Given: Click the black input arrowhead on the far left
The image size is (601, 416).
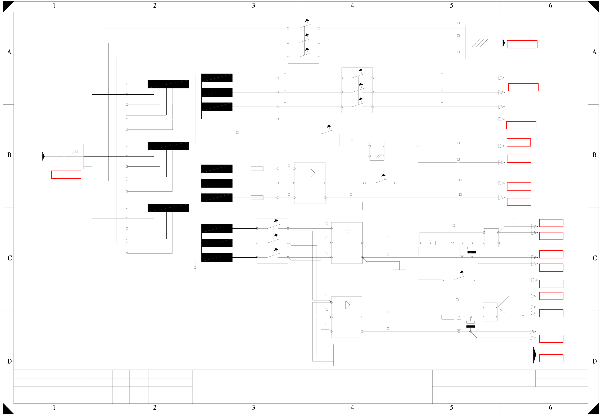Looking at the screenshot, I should coord(44,156).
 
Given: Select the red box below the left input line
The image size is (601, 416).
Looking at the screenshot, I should coord(66,175).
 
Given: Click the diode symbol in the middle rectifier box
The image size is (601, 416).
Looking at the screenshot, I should coord(313,172).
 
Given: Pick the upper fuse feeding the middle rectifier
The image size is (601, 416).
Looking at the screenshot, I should coord(257,169).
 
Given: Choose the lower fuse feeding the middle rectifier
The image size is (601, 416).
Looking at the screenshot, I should coord(257,198).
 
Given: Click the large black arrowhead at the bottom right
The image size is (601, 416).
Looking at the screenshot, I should coord(534,355).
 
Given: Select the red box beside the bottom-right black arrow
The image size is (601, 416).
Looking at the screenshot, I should coord(551,358).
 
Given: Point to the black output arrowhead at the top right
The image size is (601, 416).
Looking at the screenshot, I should coord(504,43).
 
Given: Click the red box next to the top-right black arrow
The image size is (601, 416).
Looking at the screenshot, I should coord(522,44).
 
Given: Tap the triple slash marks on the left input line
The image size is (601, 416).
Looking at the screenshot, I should coord(65,156).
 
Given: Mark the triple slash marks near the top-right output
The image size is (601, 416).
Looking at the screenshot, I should coord(480,43).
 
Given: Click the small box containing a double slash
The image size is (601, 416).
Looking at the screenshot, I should coord(377,151).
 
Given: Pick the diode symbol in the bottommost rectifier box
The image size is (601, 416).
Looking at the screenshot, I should coord(347,305).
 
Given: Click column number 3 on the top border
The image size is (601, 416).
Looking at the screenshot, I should coord(253,6).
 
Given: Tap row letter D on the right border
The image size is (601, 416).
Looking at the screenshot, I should coord(595,361).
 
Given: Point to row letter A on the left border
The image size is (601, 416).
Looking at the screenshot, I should coord(9,52).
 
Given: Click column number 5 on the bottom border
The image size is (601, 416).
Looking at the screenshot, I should coord(451,408).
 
